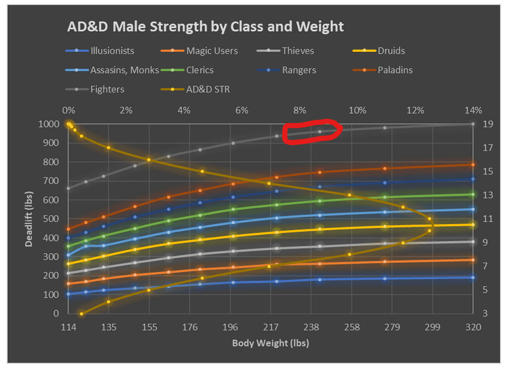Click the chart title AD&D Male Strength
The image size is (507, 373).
point(205,27)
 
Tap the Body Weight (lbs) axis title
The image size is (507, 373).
point(270,343)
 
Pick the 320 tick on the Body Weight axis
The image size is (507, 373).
point(473,327)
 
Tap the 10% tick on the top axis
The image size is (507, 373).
point(357,109)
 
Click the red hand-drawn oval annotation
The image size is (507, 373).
point(312,130)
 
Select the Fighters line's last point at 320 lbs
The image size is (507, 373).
point(473,124)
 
